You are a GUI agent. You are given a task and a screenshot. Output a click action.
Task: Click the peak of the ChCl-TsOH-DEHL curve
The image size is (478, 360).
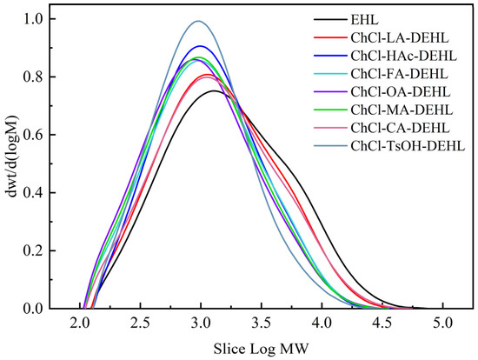tap(199, 22)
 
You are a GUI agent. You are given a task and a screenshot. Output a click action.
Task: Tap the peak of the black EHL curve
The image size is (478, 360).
tap(213, 90)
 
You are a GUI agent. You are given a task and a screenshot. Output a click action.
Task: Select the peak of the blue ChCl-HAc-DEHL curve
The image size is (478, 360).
tap(201, 46)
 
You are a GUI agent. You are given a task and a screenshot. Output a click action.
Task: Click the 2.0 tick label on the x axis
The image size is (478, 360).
tap(81, 325)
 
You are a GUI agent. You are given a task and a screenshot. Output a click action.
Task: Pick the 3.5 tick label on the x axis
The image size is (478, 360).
tap(262, 325)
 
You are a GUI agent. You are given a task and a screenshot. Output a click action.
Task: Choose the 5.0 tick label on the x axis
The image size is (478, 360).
tap(443, 325)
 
